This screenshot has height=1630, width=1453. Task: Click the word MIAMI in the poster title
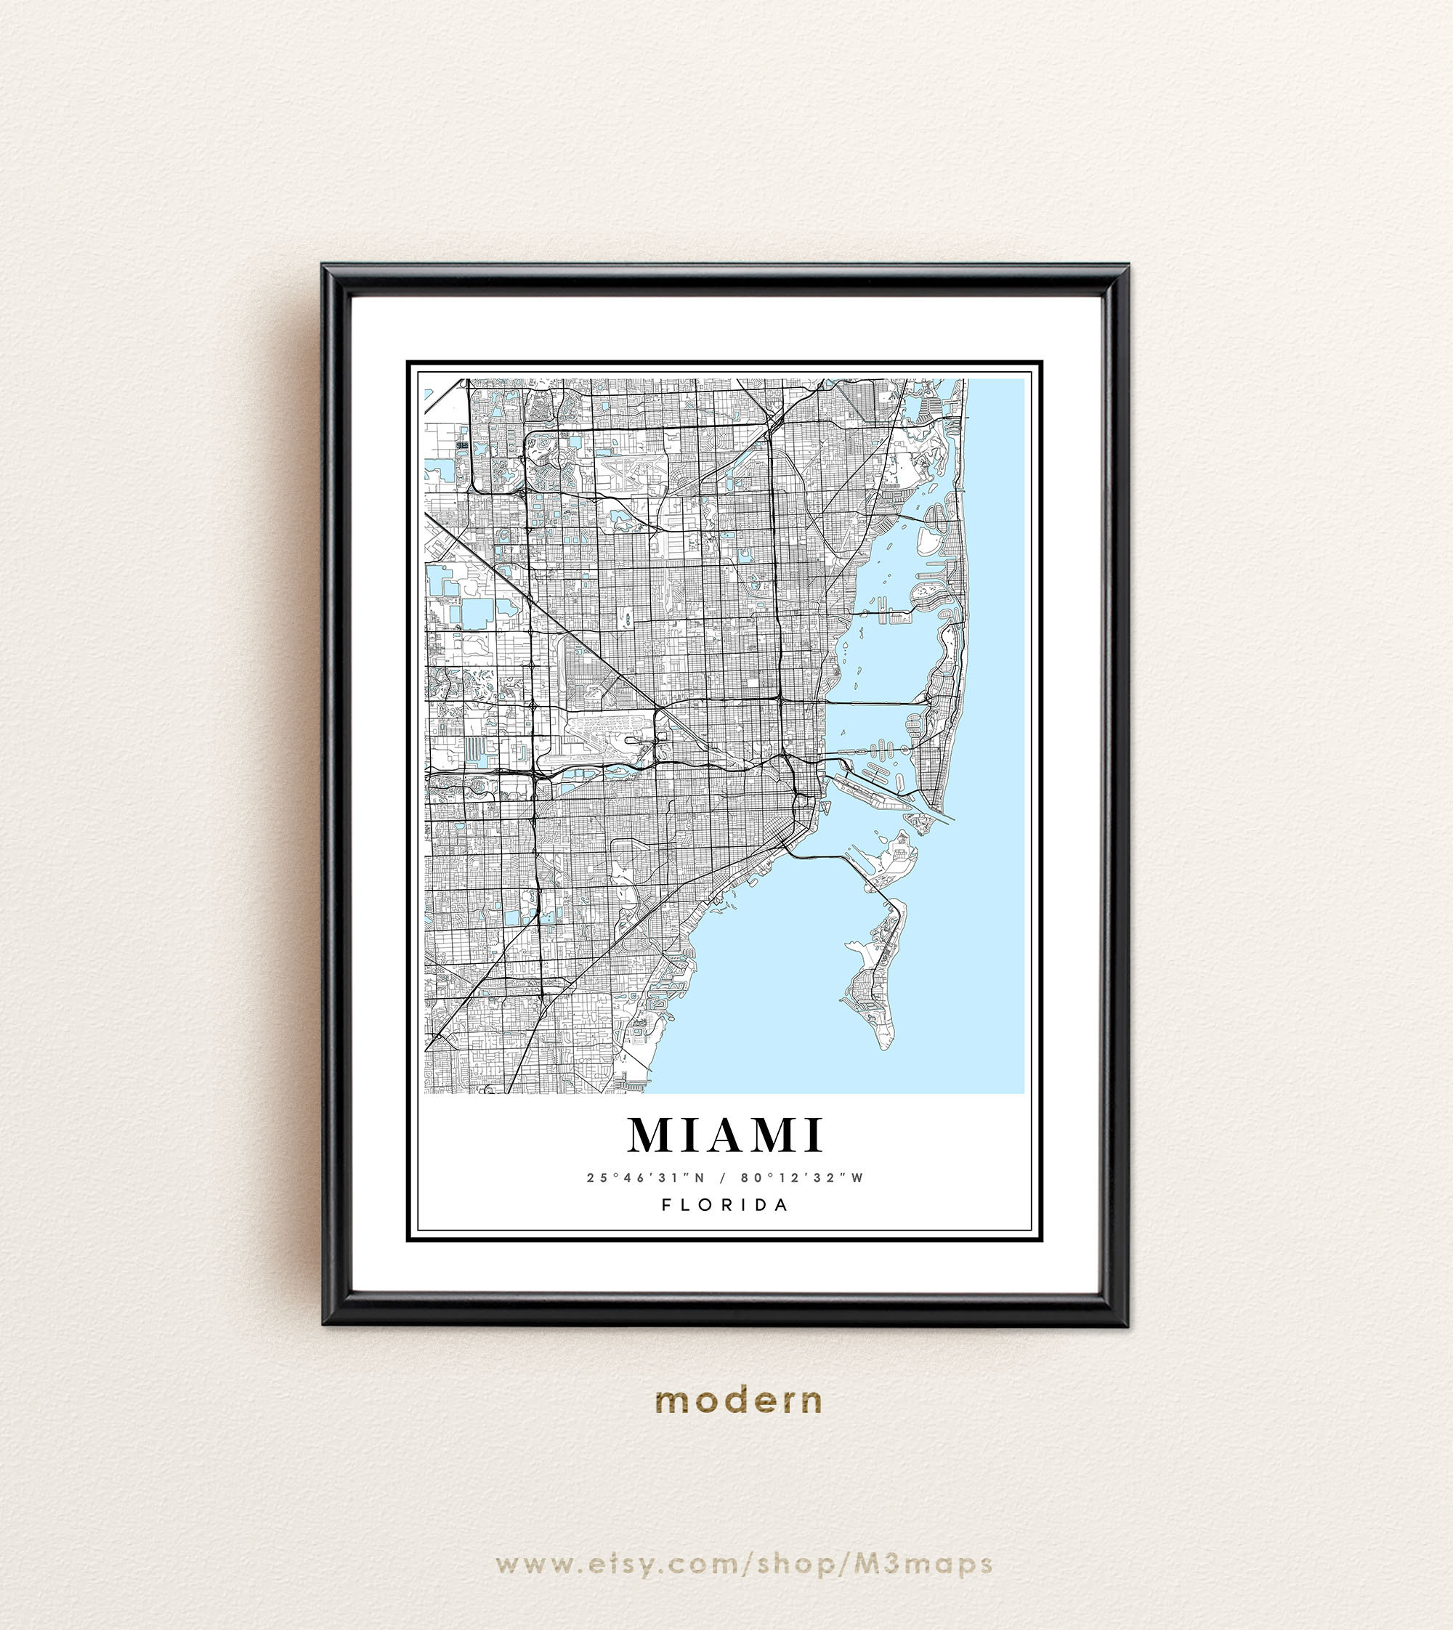pos(725,1135)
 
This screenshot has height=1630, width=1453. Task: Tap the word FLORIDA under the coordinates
pos(725,1204)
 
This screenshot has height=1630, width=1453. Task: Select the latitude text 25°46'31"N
pos(646,1177)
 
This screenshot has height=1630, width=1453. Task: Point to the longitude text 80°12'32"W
pos(802,1177)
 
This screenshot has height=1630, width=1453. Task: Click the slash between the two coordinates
pos(723,1177)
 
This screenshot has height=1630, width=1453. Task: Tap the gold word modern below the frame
pos(737,1401)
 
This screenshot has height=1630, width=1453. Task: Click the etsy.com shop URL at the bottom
pos(743,1564)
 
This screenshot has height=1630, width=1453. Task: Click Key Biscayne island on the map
pos(878,982)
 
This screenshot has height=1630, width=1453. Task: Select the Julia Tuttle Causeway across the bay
pos(874,702)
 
